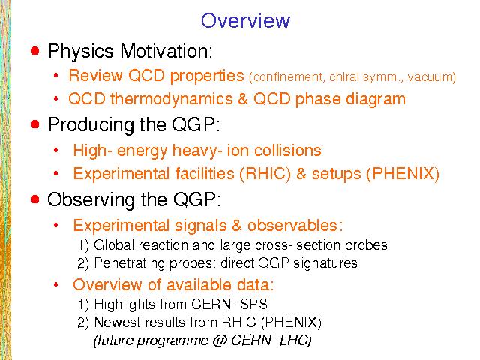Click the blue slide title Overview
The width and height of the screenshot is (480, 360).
pyautogui.click(x=245, y=20)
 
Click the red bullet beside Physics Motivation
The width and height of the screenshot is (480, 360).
pyautogui.click(x=35, y=50)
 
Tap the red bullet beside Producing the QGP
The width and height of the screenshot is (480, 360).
pyautogui.click(x=35, y=124)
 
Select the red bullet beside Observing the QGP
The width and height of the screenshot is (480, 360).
pyautogui.click(x=35, y=199)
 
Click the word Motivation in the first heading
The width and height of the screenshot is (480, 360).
pyautogui.click(x=166, y=51)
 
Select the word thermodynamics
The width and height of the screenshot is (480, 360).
pyautogui.click(x=172, y=99)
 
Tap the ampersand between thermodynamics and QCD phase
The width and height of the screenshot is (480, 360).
pyautogui.click(x=243, y=99)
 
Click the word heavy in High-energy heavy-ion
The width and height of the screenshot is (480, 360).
pyautogui.click(x=196, y=151)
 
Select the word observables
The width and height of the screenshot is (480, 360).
pyautogui.click(x=292, y=226)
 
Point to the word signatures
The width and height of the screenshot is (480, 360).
pyautogui.click(x=325, y=263)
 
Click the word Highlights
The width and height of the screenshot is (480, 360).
pyautogui.click(x=124, y=304)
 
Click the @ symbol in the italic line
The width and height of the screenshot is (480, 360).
pyautogui.click(x=218, y=340)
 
